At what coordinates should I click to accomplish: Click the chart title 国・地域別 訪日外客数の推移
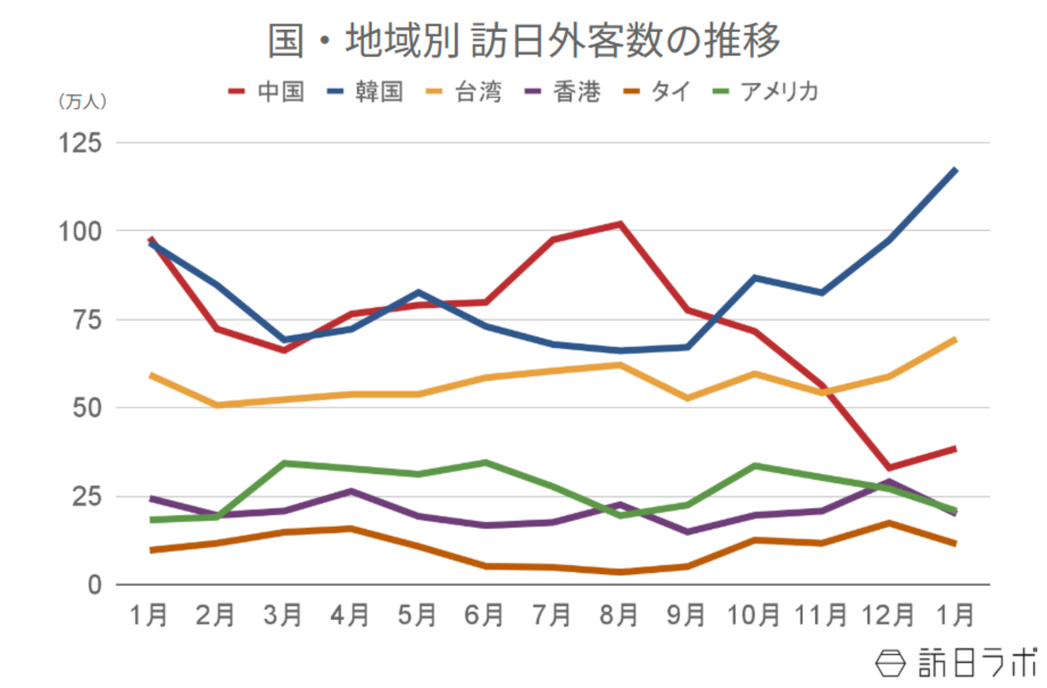tap(523, 41)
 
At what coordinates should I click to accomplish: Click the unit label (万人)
tap(82, 101)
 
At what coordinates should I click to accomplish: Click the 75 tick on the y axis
tap(87, 320)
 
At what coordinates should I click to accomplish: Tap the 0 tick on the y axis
tap(95, 585)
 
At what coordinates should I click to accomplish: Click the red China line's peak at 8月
tap(619, 224)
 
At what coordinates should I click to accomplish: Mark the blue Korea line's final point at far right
tap(955, 170)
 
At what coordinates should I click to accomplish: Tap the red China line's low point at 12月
tap(889, 467)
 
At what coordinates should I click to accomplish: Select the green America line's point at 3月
tap(284, 463)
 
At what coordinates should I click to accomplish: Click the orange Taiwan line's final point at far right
tap(955, 339)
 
